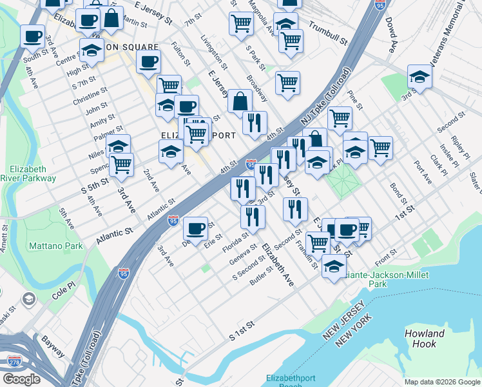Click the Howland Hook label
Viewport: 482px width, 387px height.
[424, 339]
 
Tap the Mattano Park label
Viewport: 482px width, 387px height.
[56, 246]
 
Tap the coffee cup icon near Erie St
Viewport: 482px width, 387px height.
[195, 228]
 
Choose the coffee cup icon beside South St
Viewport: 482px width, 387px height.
[32, 36]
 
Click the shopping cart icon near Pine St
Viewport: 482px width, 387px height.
[340, 117]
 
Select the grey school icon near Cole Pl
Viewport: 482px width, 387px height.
[28, 299]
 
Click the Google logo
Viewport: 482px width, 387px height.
[21, 379]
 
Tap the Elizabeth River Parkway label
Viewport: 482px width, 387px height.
[28, 173]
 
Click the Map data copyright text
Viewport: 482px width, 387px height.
[442, 382]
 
